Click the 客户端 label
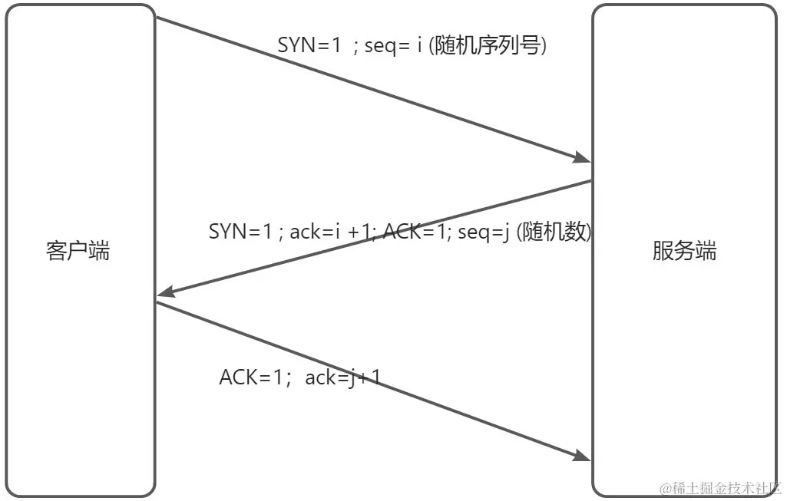(x=78, y=251)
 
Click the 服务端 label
(x=684, y=251)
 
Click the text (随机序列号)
(x=489, y=45)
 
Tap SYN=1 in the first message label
(x=309, y=46)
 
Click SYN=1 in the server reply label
(x=240, y=232)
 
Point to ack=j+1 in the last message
(x=342, y=377)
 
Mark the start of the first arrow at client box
(x=158, y=18)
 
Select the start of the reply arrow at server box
(x=589, y=182)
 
